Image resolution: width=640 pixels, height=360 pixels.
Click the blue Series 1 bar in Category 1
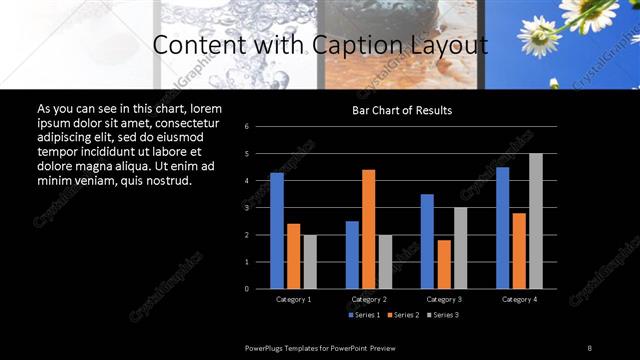coord(277,231)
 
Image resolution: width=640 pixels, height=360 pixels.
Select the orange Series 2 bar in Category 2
coord(368,229)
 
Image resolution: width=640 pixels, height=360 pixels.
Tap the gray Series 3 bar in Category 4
coord(536,221)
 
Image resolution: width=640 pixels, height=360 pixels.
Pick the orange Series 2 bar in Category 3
coord(444,264)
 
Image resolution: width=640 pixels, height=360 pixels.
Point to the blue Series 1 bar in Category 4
coord(502,228)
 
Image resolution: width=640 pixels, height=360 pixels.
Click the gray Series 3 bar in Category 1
coord(310,262)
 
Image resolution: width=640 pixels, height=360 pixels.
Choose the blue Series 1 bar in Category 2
coord(352,255)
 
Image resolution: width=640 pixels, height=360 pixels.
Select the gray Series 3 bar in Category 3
coord(460,248)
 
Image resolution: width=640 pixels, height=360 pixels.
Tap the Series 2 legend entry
coord(403,315)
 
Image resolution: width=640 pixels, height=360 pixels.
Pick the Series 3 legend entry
coord(443,315)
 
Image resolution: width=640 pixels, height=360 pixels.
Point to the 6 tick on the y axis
coord(261,127)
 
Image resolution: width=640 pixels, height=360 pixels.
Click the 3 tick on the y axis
coord(261,208)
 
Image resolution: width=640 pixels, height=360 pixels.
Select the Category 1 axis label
coord(293,299)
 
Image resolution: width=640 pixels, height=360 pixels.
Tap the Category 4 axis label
coord(519,299)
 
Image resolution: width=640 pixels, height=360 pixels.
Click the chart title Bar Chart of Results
coord(402,110)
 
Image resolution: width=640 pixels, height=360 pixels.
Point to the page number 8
coord(589,347)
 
